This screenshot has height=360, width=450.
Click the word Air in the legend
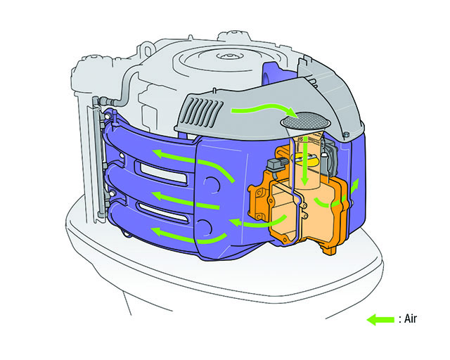pos(410,319)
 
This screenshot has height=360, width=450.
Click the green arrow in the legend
pos(381,319)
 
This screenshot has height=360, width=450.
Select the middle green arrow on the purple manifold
pos(185,200)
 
